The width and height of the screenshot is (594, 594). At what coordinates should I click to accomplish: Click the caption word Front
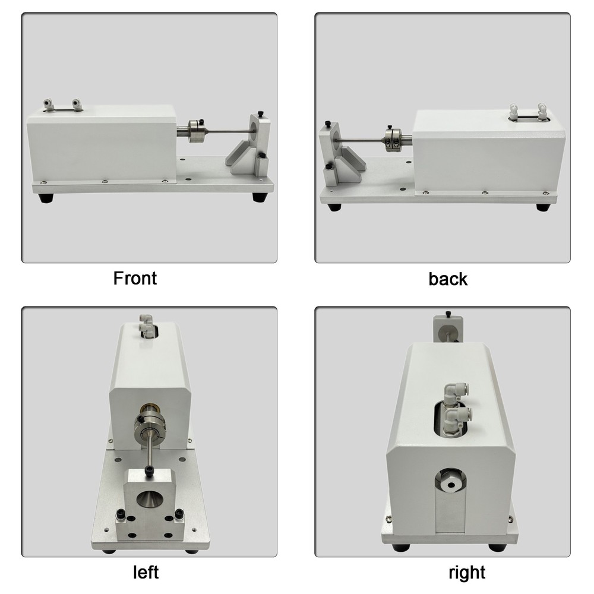[135, 277]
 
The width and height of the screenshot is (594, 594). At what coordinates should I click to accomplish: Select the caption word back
[448, 279]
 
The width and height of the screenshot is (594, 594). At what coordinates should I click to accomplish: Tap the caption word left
[145, 572]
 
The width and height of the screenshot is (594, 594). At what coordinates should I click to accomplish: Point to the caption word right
[467, 573]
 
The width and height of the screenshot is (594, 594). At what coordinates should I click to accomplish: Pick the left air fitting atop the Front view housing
[49, 105]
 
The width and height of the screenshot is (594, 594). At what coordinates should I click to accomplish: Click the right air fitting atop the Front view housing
[76, 105]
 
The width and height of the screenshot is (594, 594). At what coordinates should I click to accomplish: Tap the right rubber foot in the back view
[542, 207]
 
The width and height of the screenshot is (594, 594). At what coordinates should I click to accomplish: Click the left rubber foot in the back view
[336, 207]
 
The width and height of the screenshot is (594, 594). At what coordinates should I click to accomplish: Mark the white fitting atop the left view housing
[144, 323]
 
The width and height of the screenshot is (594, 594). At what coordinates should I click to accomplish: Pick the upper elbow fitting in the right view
[453, 392]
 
